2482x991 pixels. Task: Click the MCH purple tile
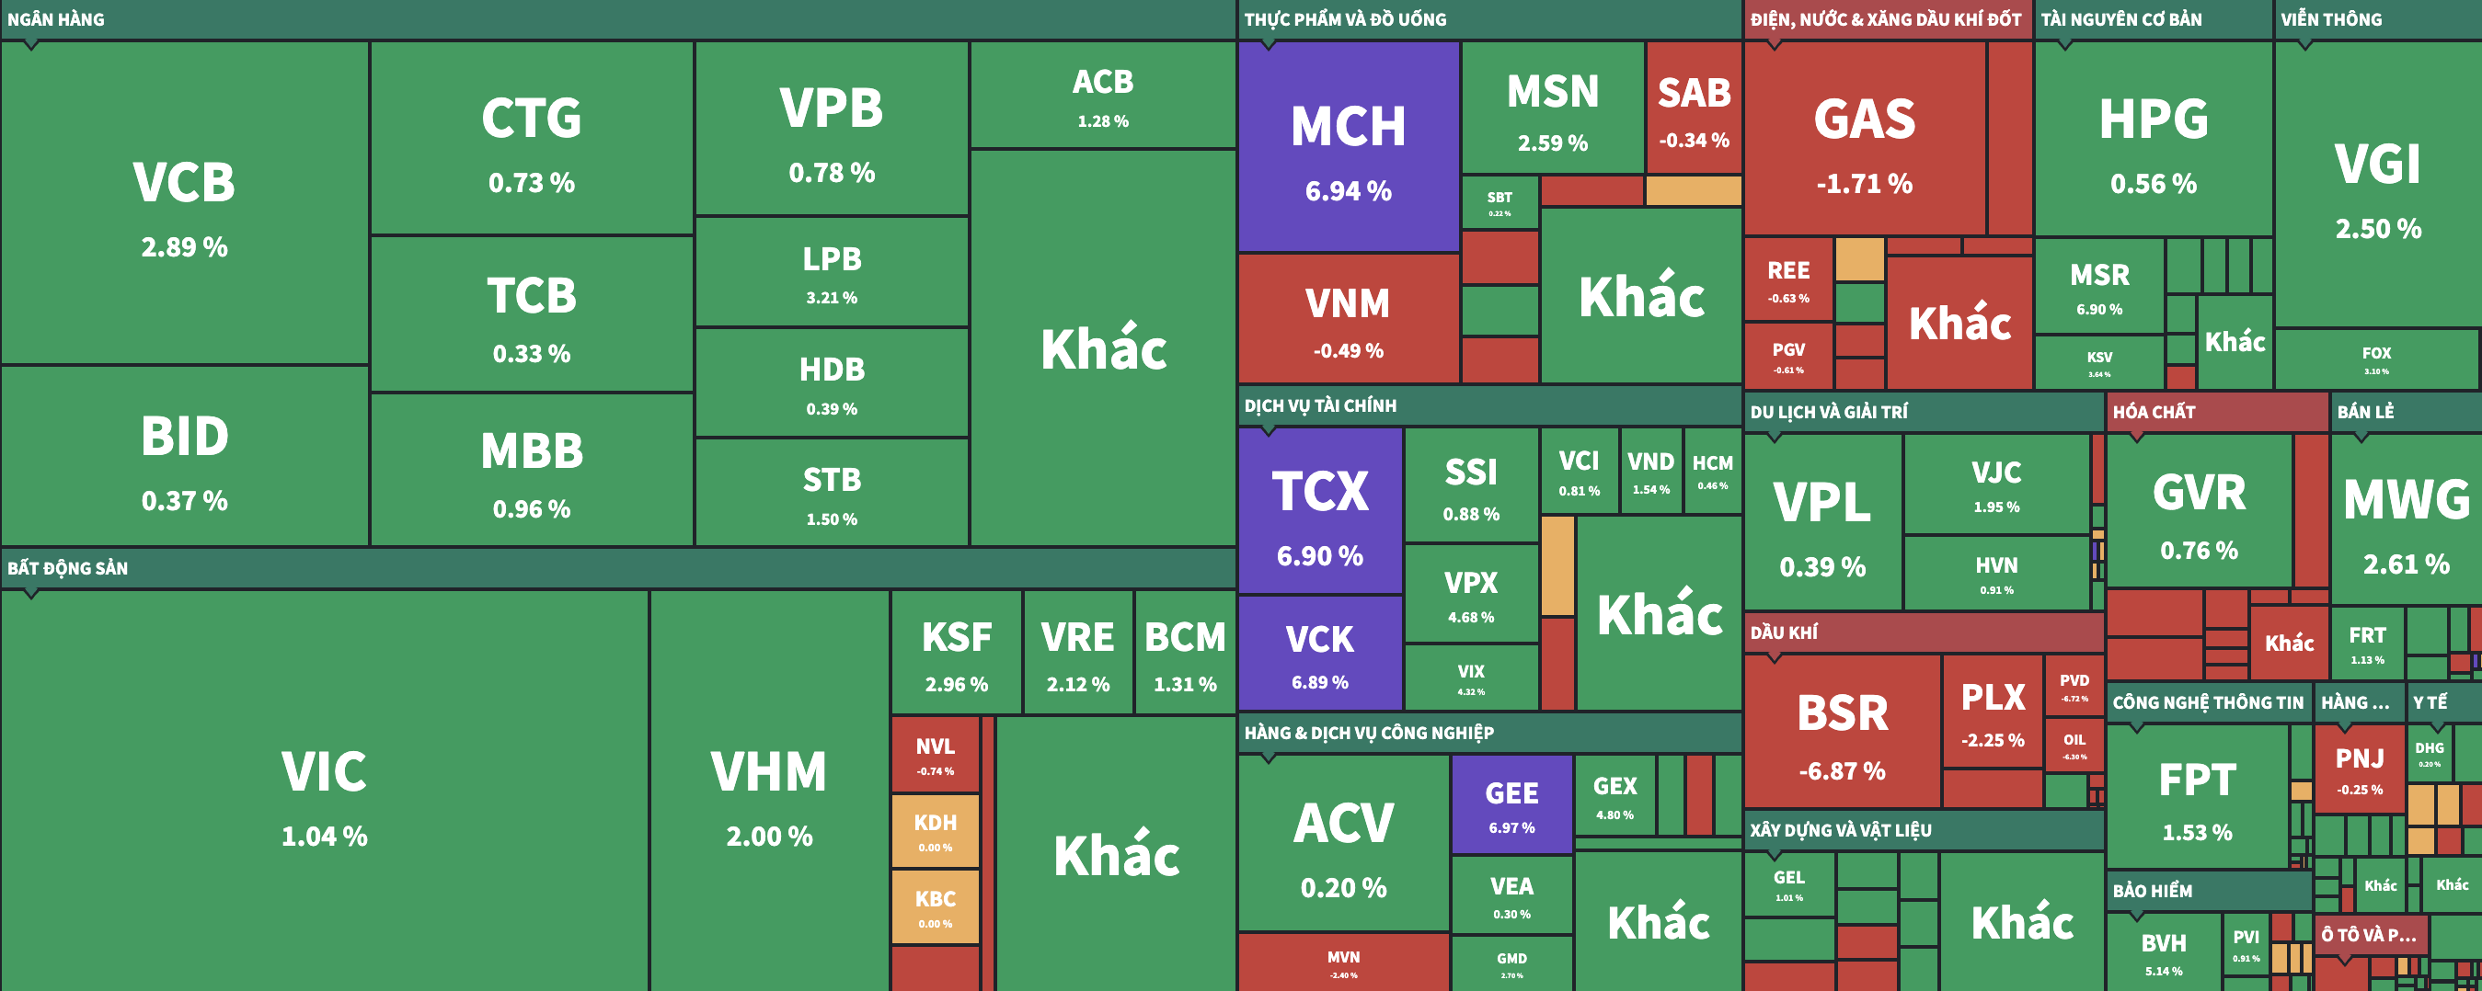tap(1348, 147)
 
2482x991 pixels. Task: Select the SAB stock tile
tap(1693, 108)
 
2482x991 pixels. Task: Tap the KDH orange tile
tap(935, 831)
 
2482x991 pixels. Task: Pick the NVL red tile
tap(935, 754)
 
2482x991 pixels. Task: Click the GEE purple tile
tap(1511, 805)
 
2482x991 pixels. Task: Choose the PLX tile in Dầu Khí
tap(1992, 712)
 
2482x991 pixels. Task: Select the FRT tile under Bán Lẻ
tap(2366, 644)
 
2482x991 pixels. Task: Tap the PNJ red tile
tap(2359, 769)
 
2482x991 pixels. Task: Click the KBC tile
tap(935, 907)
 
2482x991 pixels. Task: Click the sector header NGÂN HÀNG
tap(56, 19)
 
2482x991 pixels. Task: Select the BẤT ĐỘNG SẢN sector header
tap(67, 568)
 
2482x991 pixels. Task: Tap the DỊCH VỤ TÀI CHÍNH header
tap(1319, 405)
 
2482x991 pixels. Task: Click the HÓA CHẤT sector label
tap(2154, 412)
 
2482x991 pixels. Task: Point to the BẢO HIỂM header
tap(2152, 891)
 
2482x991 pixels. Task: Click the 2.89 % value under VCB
tap(184, 247)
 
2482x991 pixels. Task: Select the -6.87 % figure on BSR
tap(1842, 771)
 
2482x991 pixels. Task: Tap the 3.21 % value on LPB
tap(831, 298)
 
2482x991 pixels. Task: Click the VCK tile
tap(1319, 654)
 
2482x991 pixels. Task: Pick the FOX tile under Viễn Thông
tap(2375, 359)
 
